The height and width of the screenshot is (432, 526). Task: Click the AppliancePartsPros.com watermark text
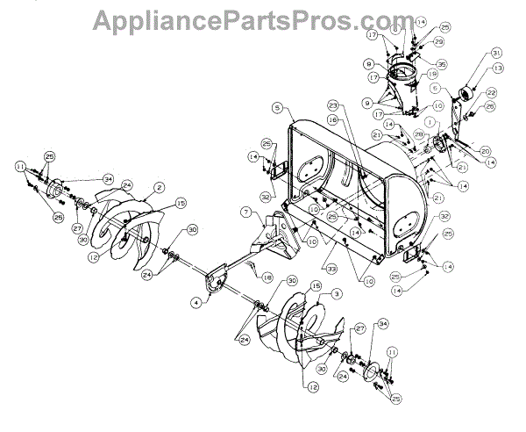[262, 18]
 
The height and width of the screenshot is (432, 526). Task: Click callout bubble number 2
[160, 186]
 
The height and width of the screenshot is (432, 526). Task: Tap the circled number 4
[195, 303]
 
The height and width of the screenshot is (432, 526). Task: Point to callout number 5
[276, 109]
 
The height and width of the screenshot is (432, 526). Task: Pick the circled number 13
[498, 68]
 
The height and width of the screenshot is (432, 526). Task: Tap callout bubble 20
[485, 150]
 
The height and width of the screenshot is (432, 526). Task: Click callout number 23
[334, 105]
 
